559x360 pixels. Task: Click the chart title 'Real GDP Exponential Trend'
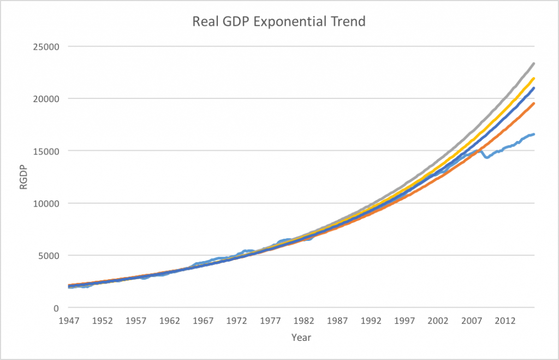279,22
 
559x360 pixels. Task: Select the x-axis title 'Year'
301,337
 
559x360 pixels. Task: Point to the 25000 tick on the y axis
47,46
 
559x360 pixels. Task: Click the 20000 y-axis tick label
47,99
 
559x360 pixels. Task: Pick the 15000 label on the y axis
47,151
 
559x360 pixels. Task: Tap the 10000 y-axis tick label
47,203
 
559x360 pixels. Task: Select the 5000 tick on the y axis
50,256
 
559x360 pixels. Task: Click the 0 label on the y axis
56,308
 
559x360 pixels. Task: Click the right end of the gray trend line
533,64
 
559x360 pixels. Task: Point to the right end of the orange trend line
533,104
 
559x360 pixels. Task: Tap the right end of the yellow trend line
533,79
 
